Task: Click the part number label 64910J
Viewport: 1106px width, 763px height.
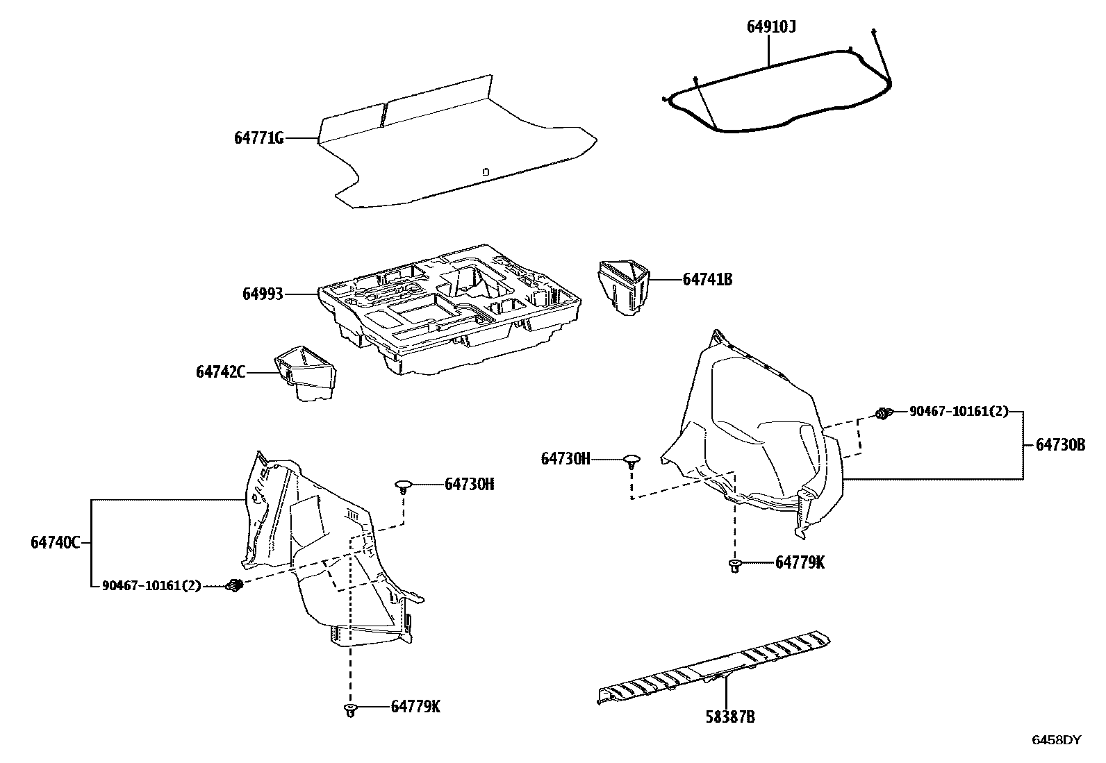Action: (x=771, y=27)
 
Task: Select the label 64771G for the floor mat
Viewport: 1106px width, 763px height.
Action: (x=259, y=138)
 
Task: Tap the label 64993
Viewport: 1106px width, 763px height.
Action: (x=263, y=294)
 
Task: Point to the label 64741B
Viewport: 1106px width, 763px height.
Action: (x=707, y=280)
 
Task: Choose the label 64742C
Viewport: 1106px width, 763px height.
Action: (x=220, y=372)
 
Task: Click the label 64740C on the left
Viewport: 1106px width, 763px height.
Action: (x=56, y=542)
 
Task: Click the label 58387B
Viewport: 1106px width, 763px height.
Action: (x=729, y=717)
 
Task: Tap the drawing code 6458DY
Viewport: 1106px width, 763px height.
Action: (x=1056, y=740)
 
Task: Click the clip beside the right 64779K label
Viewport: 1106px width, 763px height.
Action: (x=733, y=566)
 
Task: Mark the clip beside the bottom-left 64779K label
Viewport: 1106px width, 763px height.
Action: (x=350, y=710)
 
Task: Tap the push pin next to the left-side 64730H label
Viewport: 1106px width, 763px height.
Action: (x=403, y=485)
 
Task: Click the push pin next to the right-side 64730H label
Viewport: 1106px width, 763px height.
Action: (x=631, y=461)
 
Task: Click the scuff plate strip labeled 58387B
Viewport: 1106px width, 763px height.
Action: (x=716, y=666)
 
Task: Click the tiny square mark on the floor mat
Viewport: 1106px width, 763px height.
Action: (x=486, y=171)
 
